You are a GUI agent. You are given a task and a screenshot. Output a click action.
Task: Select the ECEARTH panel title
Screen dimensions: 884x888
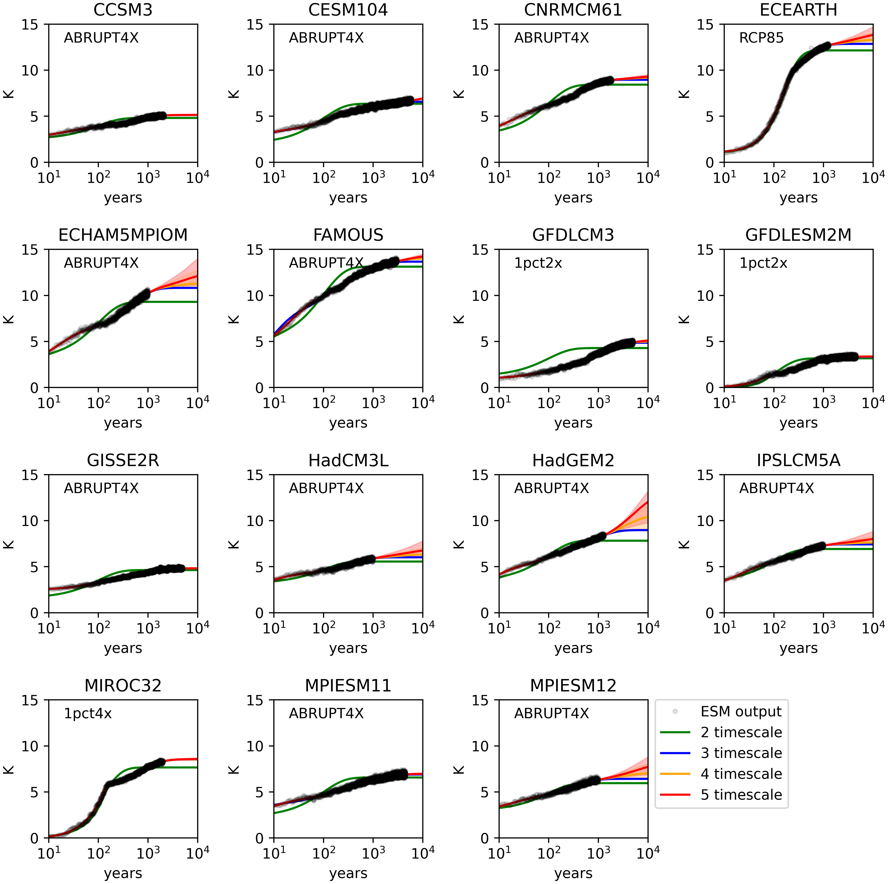pyautogui.click(x=798, y=10)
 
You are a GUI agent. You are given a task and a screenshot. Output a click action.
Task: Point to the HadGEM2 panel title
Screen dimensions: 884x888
pyautogui.click(x=573, y=460)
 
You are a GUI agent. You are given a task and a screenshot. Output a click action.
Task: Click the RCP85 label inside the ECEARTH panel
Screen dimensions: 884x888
pyautogui.click(x=761, y=38)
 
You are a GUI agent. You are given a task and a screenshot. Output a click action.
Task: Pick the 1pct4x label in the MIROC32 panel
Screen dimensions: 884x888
pyautogui.click(x=88, y=714)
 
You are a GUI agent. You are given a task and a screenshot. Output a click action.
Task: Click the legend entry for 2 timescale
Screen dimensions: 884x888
pyautogui.click(x=741, y=732)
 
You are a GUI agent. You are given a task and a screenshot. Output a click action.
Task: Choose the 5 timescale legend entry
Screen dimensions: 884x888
pyautogui.click(x=741, y=794)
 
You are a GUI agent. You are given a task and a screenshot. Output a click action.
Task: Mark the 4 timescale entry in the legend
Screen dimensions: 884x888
pyautogui.click(x=741, y=774)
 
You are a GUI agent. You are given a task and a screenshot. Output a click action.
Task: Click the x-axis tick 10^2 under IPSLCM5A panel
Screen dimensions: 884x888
pyautogui.click(x=774, y=628)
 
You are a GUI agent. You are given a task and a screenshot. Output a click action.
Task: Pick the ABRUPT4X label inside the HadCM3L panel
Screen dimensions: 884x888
pyautogui.click(x=326, y=488)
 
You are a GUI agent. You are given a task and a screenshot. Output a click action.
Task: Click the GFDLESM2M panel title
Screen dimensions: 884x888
pyautogui.click(x=798, y=235)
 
